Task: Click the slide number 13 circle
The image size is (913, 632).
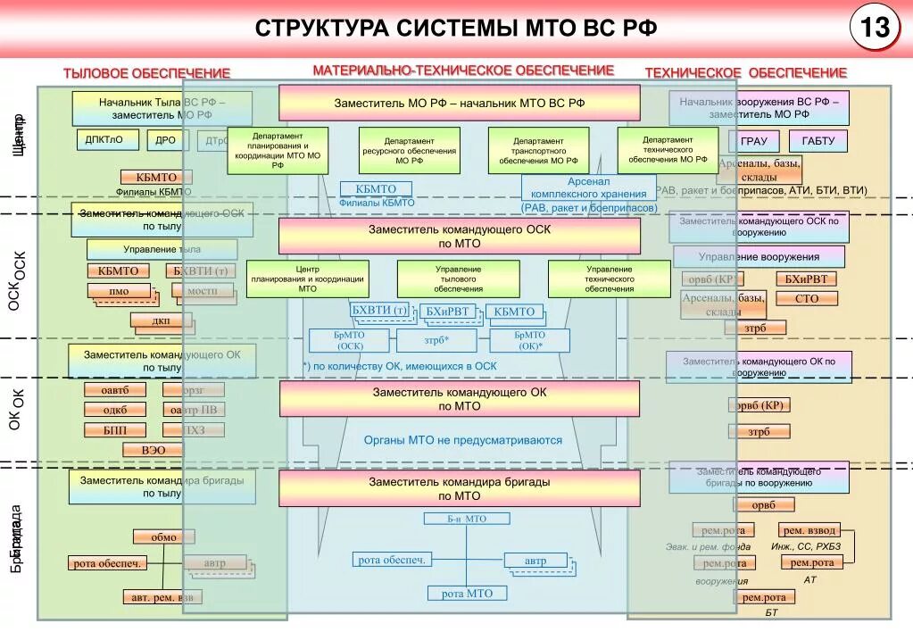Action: [x=875, y=29]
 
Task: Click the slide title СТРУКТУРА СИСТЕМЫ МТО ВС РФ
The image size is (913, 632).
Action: [x=456, y=28]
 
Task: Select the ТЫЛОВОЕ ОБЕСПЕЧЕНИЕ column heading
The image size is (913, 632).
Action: [x=146, y=73]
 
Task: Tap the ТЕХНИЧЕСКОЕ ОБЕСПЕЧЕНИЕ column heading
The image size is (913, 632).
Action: [x=745, y=72]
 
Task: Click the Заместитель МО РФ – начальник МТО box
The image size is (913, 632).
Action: [x=459, y=103]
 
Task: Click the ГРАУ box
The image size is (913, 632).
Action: [x=753, y=141]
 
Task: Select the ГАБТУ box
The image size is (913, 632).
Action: [x=818, y=141]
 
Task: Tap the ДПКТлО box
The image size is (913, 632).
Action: [x=104, y=140]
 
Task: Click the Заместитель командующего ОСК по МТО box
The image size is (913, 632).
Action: [x=459, y=236]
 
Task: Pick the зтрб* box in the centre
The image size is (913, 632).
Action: [x=436, y=340]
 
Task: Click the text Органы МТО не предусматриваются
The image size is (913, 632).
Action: [x=462, y=440]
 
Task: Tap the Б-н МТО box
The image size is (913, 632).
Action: [x=467, y=518]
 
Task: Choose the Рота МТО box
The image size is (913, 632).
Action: [x=467, y=593]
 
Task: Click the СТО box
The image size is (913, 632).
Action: [x=807, y=299]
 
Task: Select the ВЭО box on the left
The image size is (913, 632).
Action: [x=154, y=450]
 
